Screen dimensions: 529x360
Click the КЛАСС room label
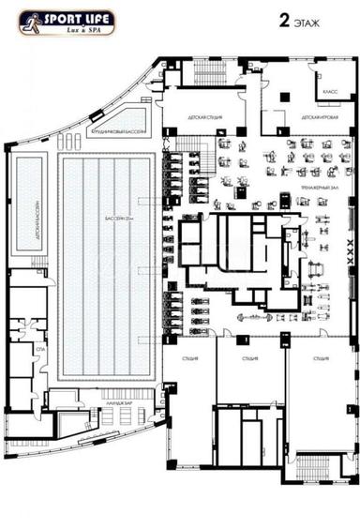pyautogui.click(x=330, y=93)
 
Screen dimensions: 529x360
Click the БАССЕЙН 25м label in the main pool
pyautogui.click(x=119, y=219)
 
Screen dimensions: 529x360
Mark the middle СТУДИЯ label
pyautogui.click(x=248, y=358)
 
